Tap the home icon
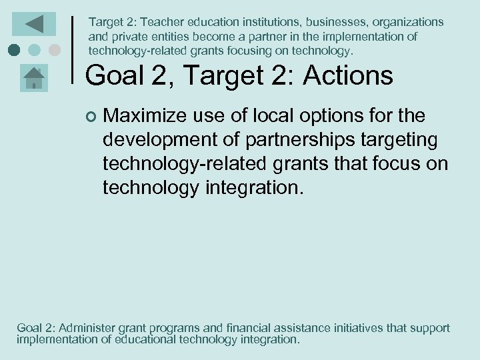tap(33, 77)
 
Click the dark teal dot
tap(15, 49)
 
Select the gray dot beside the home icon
tap(55, 49)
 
